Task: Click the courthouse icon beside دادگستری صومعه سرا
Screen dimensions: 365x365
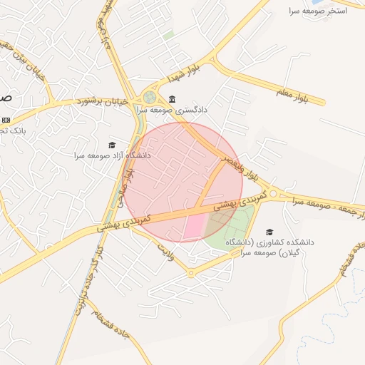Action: click(x=173, y=99)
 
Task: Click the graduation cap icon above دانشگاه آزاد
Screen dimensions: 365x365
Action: click(x=112, y=145)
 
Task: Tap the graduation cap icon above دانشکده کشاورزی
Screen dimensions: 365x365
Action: click(x=269, y=232)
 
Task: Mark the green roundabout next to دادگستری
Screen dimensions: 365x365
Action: click(x=150, y=97)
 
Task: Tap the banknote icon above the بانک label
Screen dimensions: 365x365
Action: click(x=6, y=120)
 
